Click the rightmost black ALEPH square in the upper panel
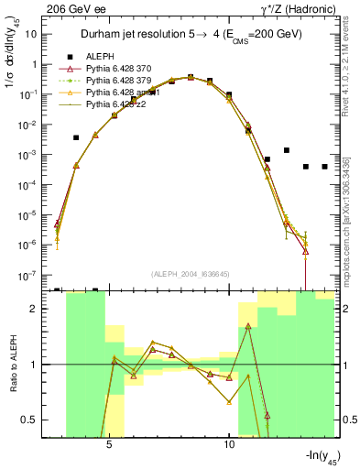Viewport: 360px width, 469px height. point(324,167)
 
